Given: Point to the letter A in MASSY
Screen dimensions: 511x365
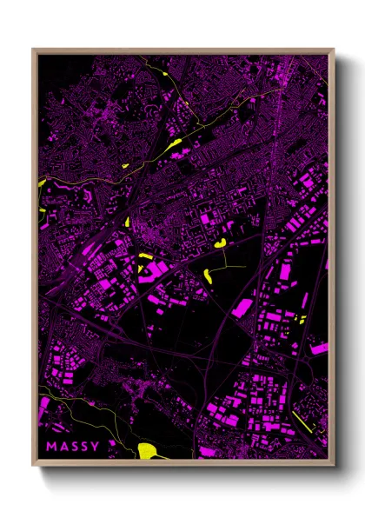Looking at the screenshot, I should [x=63, y=448].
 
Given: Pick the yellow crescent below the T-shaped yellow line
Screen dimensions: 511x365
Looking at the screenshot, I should [x=209, y=276].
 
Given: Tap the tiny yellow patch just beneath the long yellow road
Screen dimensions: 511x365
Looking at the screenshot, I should [x=125, y=165].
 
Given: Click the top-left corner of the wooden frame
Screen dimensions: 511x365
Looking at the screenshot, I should [x=34, y=50].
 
